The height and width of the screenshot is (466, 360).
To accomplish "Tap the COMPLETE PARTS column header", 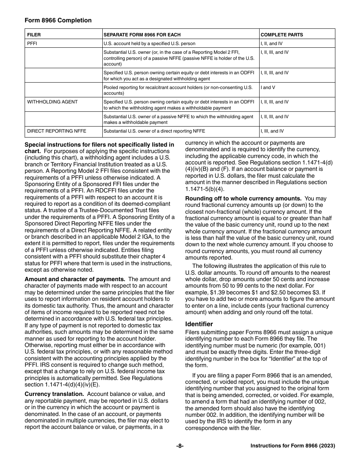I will [x=282, y=35].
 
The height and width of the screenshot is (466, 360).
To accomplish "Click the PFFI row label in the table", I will [x=32, y=44].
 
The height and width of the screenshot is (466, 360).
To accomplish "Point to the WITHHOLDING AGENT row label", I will [x=52, y=102].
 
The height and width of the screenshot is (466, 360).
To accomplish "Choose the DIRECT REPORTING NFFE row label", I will [x=56, y=131].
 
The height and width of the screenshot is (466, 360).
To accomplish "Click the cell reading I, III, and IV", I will [x=272, y=131].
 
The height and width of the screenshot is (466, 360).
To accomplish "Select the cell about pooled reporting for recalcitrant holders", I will [x=178, y=90].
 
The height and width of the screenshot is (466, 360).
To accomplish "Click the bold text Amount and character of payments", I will [x=75, y=279].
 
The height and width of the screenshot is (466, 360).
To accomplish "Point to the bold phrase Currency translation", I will [x=54, y=394].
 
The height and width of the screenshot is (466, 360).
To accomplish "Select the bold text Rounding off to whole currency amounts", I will [x=243, y=199].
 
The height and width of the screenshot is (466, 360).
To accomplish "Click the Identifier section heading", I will [x=199, y=324].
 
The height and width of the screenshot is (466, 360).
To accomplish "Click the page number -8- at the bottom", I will [x=180, y=446].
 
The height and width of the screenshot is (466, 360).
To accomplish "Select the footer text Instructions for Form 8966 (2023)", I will [x=293, y=446].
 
